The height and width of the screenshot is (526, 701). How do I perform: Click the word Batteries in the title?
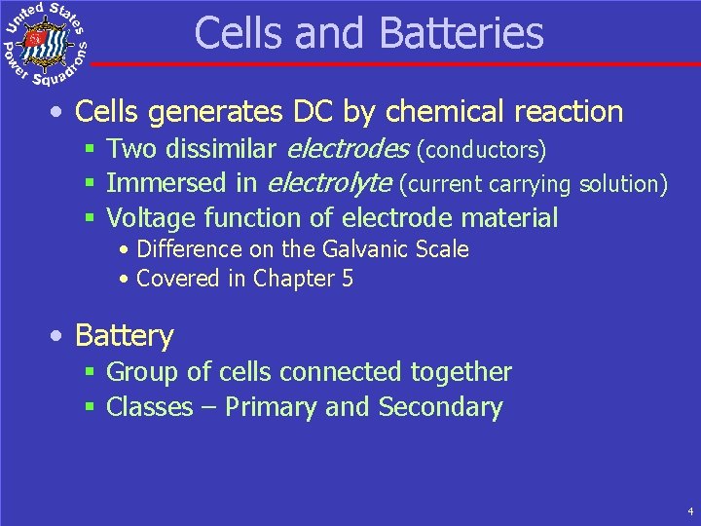tap(461, 33)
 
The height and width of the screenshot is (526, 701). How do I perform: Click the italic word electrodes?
tap(347, 150)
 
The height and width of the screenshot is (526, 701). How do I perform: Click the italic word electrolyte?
tap(328, 183)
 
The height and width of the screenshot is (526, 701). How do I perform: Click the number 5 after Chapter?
tap(347, 279)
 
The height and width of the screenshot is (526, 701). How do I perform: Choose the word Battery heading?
tap(124, 336)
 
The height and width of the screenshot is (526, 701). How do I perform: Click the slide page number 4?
tap(689, 510)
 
